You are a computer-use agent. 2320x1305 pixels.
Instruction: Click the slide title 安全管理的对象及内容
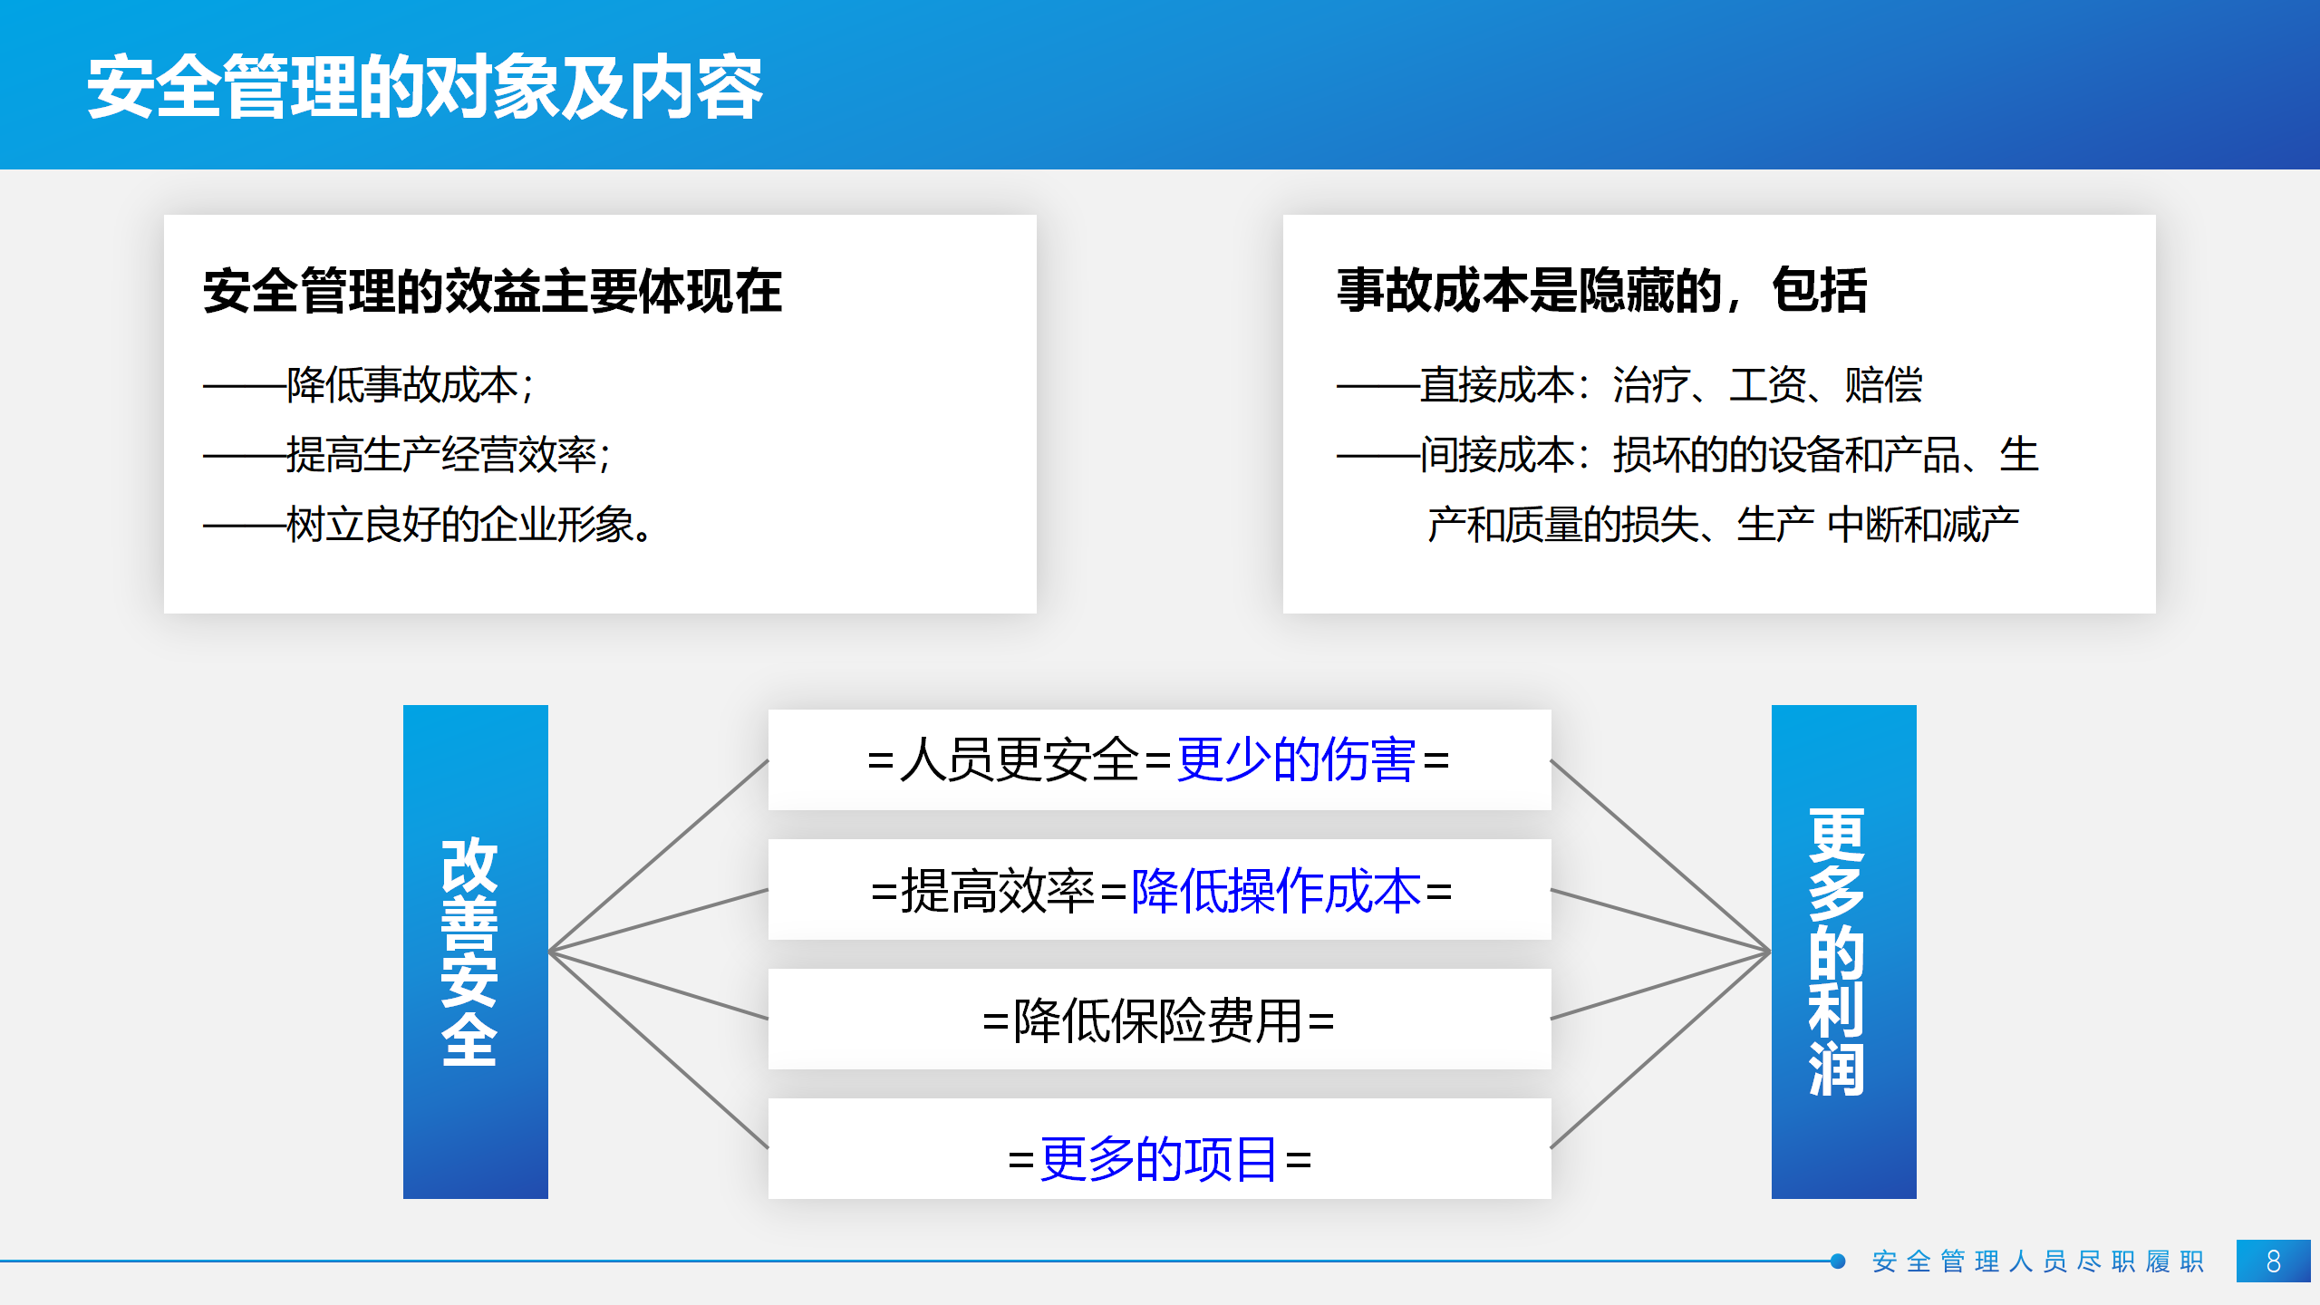(x=425, y=87)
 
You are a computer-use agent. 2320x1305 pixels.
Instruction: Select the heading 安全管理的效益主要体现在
(x=492, y=291)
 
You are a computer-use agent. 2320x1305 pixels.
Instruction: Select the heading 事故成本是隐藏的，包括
(x=1602, y=291)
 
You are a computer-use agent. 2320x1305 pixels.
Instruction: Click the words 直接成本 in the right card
(x=1497, y=384)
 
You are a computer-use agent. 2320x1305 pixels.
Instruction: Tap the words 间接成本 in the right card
(x=1497, y=454)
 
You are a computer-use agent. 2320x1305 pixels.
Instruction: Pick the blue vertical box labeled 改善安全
(x=476, y=952)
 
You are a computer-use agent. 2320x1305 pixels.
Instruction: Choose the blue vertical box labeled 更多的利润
(x=1844, y=952)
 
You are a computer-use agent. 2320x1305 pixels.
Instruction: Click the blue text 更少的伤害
(x=1296, y=759)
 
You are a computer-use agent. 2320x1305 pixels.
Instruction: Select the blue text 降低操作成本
(x=1276, y=890)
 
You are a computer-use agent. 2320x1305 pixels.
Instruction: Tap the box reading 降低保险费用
(x=1160, y=1020)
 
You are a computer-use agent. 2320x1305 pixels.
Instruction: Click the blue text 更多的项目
(x=1159, y=1158)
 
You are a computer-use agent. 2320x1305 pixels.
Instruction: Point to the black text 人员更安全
(x=1020, y=759)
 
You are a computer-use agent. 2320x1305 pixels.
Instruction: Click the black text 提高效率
(x=997, y=890)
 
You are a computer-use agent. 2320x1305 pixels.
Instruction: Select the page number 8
(x=2274, y=1261)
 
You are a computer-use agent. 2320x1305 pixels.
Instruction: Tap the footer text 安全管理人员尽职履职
(x=2038, y=1261)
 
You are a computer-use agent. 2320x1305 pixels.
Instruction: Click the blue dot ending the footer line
(x=1838, y=1261)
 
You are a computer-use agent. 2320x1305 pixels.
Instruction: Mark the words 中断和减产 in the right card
(x=1923, y=524)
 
